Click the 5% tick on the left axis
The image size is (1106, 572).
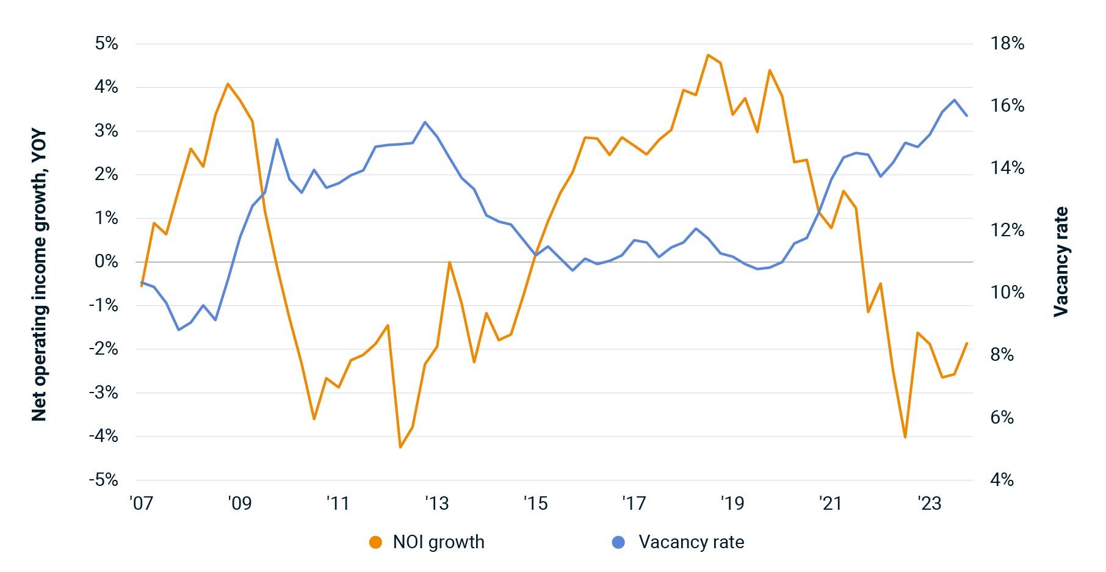(x=106, y=43)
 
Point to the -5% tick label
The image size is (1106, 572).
(x=103, y=480)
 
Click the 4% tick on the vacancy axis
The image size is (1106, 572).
(x=1002, y=480)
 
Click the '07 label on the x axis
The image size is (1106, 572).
(x=140, y=503)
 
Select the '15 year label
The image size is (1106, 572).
(x=535, y=503)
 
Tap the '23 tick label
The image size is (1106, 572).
(x=930, y=503)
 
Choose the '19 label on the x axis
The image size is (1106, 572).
(x=732, y=503)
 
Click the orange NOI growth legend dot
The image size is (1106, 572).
(x=375, y=542)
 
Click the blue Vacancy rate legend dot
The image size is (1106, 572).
(x=618, y=542)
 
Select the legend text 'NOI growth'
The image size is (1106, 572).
(x=438, y=542)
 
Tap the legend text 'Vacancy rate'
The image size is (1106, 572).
(x=691, y=542)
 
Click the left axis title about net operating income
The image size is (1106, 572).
(x=39, y=276)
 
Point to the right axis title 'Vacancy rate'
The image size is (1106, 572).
(x=1061, y=261)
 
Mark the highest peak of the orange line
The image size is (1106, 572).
(x=708, y=55)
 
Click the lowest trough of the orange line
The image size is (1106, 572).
(x=400, y=447)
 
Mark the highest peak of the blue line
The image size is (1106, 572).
(x=955, y=100)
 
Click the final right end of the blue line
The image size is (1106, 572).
(x=967, y=115)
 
